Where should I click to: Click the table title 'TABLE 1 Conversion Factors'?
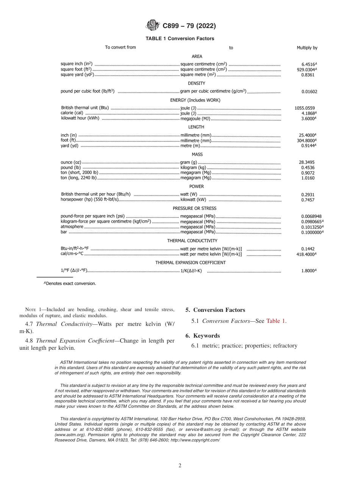[180, 38]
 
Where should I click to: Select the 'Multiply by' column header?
[307, 48]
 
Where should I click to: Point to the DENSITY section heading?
[196, 83]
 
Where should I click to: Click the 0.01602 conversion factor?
[309, 91]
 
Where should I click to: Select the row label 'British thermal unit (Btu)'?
[85, 108]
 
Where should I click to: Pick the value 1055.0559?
[305, 108]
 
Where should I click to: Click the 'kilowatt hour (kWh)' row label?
[80, 118]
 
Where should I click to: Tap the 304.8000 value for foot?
[307, 140]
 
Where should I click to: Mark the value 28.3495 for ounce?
[307, 162]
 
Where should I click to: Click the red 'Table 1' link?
[275, 321]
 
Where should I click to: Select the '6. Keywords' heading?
[203, 336]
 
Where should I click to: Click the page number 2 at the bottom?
[180, 466]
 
